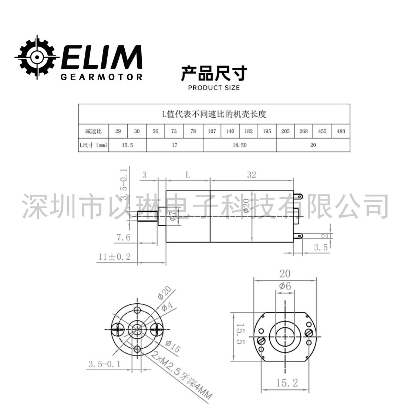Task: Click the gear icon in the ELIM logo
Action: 36,57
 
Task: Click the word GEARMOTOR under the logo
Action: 101,77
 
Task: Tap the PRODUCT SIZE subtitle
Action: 214,88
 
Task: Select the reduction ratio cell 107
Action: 212,131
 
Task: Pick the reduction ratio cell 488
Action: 341,131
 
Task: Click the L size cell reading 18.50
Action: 239,145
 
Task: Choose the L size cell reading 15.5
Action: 127,145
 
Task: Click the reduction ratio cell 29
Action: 118,131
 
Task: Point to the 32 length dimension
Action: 252,175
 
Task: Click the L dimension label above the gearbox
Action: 188,175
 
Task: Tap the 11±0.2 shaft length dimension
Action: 114,257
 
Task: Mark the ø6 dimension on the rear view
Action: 285,286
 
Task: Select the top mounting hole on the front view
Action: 138,309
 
